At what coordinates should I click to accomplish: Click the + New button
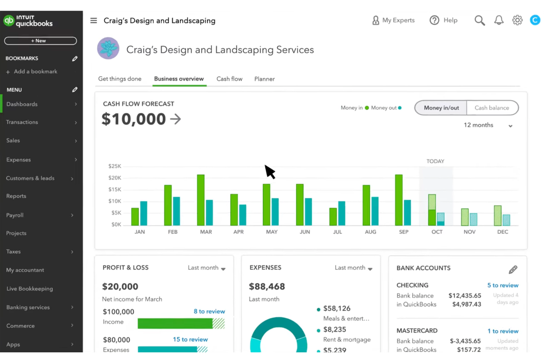40,41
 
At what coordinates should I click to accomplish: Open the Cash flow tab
229,79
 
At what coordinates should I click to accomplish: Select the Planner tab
264,79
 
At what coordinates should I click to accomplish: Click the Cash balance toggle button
492,108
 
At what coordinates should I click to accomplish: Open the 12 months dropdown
487,125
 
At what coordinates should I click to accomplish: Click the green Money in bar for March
201,200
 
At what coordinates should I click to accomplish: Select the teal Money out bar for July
341,213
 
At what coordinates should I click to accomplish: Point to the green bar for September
398,200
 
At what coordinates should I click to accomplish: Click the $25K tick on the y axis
115,166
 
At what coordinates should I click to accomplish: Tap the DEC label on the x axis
502,232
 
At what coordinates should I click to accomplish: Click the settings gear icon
517,20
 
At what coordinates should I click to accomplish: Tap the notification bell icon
498,20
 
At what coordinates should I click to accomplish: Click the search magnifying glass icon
479,20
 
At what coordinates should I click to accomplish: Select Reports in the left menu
16,196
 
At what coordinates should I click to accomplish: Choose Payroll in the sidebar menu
15,215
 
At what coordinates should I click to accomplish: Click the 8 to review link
209,312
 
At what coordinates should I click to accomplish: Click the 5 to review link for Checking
502,285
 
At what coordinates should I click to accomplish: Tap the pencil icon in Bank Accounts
513,270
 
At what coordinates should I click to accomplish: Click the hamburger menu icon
94,21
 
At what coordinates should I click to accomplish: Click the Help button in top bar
444,20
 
